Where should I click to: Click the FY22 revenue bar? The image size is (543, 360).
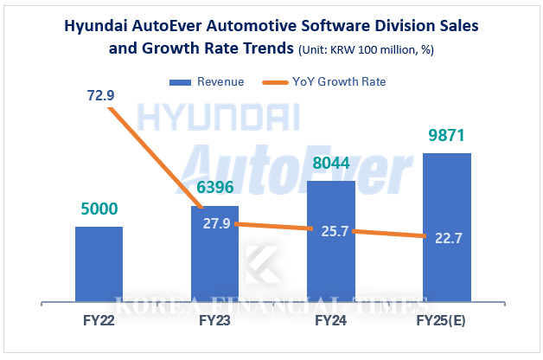pyautogui.click(x=99, y=264)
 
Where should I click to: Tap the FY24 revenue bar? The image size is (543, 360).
pyautogui.click(x=330, y=251)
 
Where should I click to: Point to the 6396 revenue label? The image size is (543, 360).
pyautogui.click(x=214, y=187)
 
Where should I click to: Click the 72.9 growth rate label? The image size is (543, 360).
pyautogui.click(x=100, y=95)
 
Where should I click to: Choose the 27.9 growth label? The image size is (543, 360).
pyautogui.click(x=215, y=224)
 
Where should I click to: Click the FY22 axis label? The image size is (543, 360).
pyautogui.click(x=99, y=320)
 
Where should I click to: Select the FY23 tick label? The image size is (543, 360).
pyautogui.click(x=214, y=320)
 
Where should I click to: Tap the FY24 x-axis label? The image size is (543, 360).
pyautogui.click(x=330, y=320)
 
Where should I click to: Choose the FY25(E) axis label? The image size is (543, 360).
pyautogui.click(x=446, y=320)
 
